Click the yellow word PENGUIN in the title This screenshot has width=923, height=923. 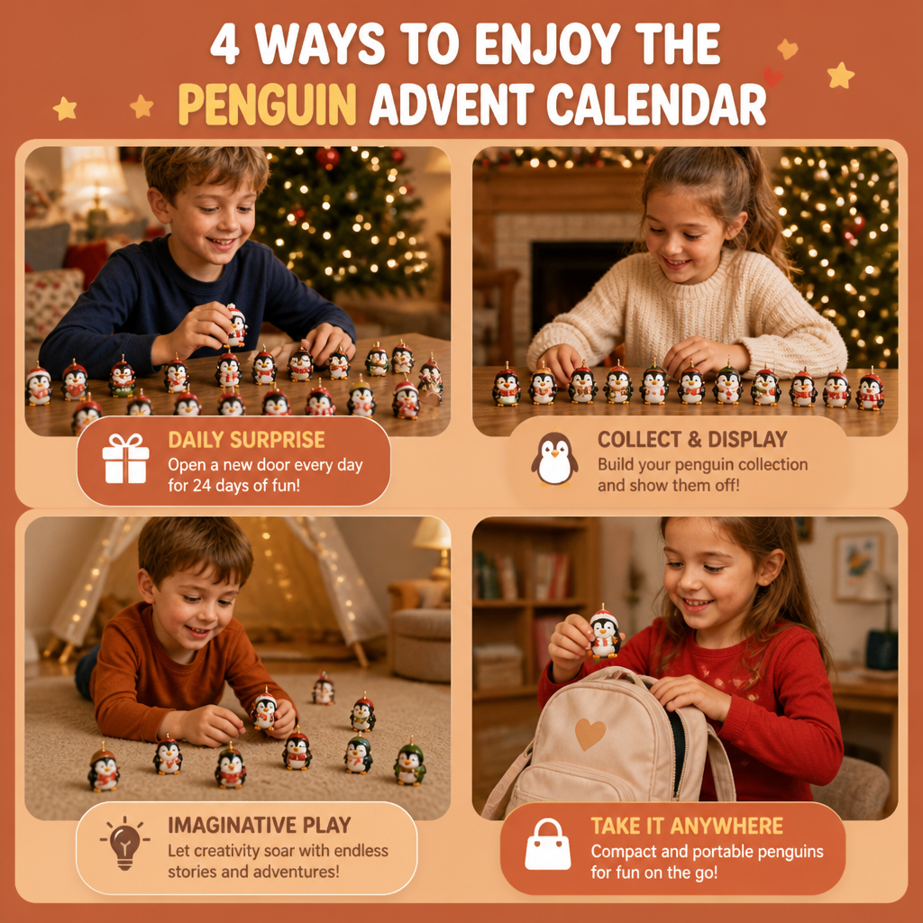click(x=267, y=105)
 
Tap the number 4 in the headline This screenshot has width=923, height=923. click(x=224, y=46)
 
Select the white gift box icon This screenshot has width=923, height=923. click(x=125, y=459)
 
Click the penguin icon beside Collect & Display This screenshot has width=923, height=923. click(x=554, y=459)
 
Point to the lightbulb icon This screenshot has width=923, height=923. click(x=124, y=843)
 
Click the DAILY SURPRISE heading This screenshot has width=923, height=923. click(x=246, y=440)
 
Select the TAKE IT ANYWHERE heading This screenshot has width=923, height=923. click(x=686, y=826)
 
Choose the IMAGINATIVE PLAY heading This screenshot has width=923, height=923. click(x=259, y=825)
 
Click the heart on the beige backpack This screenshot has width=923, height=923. click(x=589, y=733)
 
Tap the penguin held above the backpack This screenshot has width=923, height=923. click(x=605, y=633)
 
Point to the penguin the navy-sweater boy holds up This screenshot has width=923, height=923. click(x=236, y=324)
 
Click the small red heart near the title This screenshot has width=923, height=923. click(x=772, y=77)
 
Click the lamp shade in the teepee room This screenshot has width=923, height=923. click(x=432, y=534)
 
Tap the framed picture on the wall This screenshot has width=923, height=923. click(x=859, y=565)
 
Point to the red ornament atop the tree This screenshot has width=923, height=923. click(x=328, y=157)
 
